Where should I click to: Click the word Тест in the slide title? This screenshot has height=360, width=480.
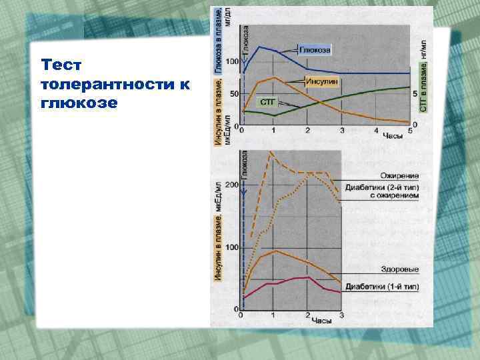coord(61,65)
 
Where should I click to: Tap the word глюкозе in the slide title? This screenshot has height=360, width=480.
coord(79,104)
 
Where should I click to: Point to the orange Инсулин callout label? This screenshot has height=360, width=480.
coord(323,81)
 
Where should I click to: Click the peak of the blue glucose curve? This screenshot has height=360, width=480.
coord(259,47)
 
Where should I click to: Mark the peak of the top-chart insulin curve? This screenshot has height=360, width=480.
coord(273,78)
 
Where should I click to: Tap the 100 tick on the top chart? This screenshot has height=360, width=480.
coord(232,62)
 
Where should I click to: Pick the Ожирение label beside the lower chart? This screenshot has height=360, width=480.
coord(400,175)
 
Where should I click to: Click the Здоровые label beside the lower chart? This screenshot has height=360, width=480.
coord(401,269)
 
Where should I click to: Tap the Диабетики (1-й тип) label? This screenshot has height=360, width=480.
coord(383,287)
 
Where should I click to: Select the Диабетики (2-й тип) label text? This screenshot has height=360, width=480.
coord(383,187)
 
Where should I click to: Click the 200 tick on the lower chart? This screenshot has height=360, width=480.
coord(231,185)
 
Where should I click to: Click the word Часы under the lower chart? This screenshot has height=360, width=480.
coord(321,321)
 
